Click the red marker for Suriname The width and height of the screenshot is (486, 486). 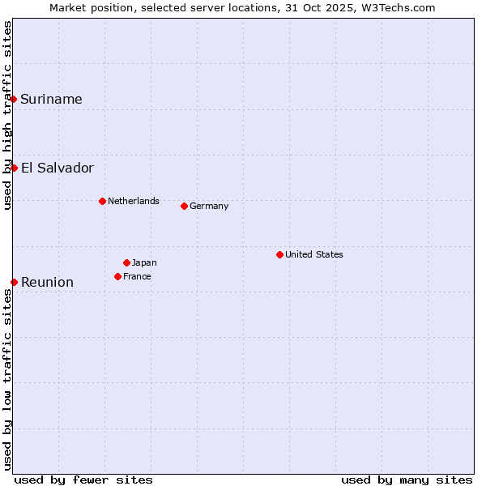pyautogui.click(x=14, y=99)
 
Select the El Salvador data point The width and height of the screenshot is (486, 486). pyautogui.click(x=14, y=168)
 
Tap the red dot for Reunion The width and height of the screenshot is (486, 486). pyautogui.click(x=14, y=282)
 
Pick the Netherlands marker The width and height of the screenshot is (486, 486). pyautogui.click(x=102, y=201)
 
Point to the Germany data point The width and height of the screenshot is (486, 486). pyautogui.click(x=184, y=206)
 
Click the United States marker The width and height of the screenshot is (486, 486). pyautogui.click(x=279, y=254)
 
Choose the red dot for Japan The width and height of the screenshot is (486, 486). pyautogui.click(x=126, y=262)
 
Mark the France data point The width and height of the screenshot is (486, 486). pyautogui.click(x=117, y=276)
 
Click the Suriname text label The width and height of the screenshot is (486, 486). pyautogui.click(x=51, y=100)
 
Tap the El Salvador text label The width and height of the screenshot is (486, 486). pyautogui.click(x=57, y=168)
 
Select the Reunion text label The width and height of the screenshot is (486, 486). pyautogui.click(x=47, y=283)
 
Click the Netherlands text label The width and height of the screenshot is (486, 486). pyautogui.click(x=133, y=201)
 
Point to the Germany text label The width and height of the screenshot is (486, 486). pyautogui.click(x=209, y=206)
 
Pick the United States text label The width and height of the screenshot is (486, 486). pyautogui.click(x=314, y=254)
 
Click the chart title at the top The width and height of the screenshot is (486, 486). pyautogui.click(x=242, y=7)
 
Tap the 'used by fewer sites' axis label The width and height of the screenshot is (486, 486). pyautogui.click(x=83, y=480)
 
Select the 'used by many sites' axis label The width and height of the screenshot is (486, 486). pyautogui.click(x=407, y=480)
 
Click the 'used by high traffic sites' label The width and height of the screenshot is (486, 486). pyautogui.click(x=7, y=115)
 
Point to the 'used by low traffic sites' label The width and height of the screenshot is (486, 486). pyautogui.click(x=7, y=378)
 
